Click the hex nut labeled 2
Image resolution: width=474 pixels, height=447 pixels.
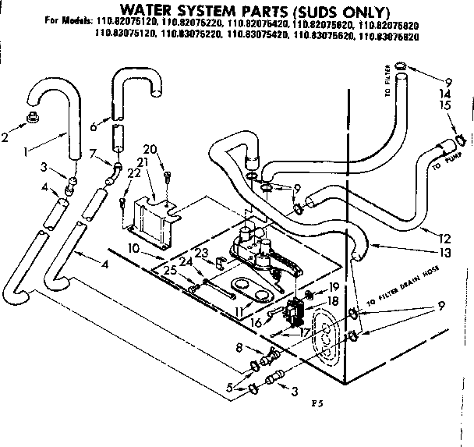[34, 117]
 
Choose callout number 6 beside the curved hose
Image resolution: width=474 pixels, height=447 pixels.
[94, 126]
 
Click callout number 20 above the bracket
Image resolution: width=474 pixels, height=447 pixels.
[150, 148]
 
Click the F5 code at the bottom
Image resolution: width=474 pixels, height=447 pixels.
[316, 404]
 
